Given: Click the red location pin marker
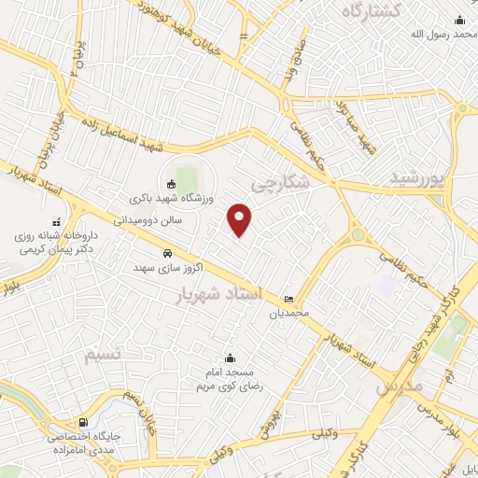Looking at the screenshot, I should [241, 219].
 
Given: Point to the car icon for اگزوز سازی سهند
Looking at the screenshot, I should [166, 253].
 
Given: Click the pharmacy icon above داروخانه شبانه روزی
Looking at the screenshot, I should [58, 223].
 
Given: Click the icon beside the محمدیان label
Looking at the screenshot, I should [288, 300].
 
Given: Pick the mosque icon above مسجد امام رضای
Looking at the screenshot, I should [231, 358].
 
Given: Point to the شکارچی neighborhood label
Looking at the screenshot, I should [279, 185].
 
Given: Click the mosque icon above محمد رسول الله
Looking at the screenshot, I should [457, 21].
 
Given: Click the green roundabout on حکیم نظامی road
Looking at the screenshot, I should [358, 235].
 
